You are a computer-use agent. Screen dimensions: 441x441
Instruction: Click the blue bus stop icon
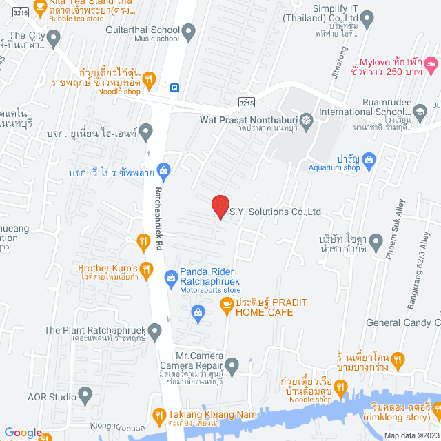pos(175,88)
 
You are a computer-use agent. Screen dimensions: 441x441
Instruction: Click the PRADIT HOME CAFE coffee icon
pos(226,304)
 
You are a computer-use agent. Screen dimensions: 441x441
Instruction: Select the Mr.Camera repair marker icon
pos(232,365)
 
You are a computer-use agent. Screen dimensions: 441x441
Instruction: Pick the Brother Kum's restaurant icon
pos(145,269)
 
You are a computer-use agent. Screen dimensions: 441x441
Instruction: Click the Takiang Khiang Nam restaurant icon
pos(156,415)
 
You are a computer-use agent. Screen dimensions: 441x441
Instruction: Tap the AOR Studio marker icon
pos(85,396)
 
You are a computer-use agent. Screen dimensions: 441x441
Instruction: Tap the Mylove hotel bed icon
pos(431,65)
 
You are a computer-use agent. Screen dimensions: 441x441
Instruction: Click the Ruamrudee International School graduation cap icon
pos(419,111)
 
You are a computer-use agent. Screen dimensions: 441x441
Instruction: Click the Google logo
pos(23,432)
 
